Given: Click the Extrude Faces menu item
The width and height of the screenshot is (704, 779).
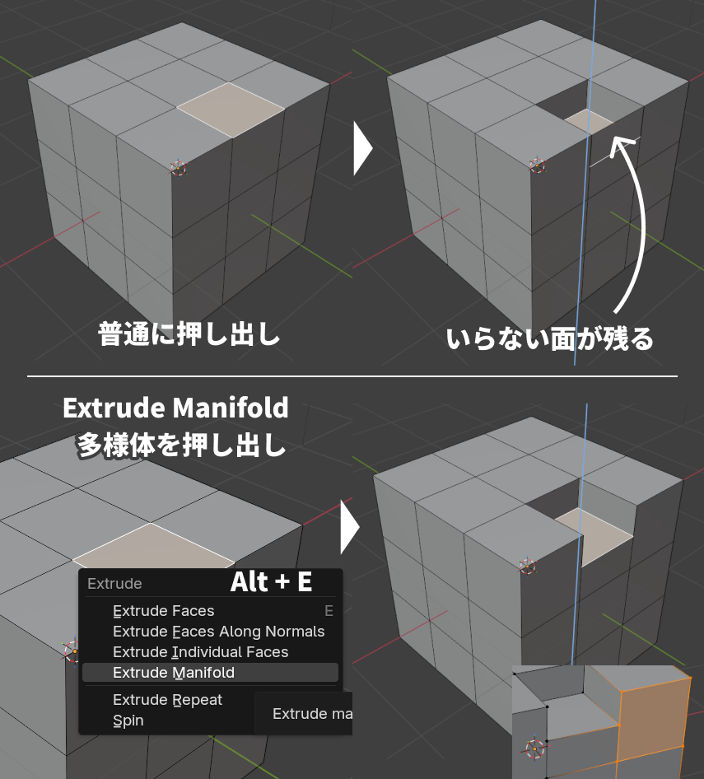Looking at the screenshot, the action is [164, 610].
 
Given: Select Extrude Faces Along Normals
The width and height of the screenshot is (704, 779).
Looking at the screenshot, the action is [218, 632].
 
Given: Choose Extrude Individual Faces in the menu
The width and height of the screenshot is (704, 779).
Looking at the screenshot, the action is [201, 652].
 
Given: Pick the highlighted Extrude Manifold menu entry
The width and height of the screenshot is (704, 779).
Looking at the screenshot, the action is [174, 673].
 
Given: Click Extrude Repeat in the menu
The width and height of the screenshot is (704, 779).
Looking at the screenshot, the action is [167, 700].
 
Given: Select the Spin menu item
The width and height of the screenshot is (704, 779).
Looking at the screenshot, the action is [128, 721].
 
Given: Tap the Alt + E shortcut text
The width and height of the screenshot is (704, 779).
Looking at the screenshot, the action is [271, 581].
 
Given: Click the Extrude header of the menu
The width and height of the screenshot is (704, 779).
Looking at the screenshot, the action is [114, 583].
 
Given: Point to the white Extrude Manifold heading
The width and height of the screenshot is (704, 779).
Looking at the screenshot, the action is [176, 408].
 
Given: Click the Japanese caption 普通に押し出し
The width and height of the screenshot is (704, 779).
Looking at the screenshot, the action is [189, 334].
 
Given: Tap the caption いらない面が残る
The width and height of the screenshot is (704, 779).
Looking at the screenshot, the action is [550, 339].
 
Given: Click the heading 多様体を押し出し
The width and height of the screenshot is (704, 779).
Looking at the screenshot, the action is [182, 445].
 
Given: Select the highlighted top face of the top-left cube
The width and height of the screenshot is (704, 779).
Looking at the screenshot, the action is [231, 110].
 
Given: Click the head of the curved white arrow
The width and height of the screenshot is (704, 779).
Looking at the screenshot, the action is [620, 145].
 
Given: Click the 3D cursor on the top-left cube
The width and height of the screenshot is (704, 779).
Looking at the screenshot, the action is [178, 168].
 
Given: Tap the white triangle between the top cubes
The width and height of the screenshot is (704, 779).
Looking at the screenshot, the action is [362, 148].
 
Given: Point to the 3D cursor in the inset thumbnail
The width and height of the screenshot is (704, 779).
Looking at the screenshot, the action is [534, 749].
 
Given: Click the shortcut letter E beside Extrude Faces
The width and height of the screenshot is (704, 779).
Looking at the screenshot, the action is [329, 610].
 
